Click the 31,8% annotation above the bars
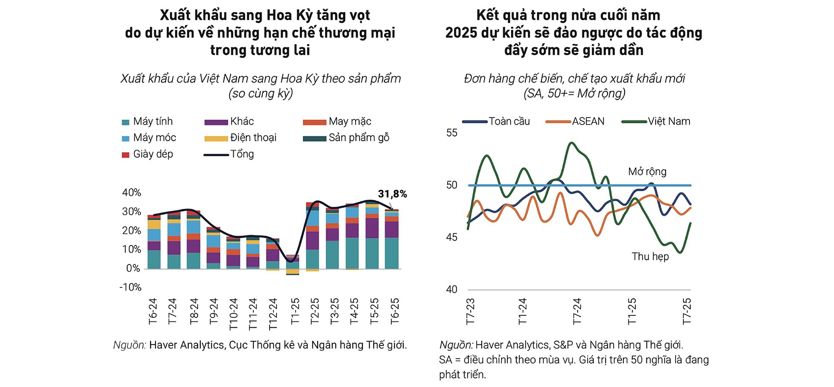point(392,194)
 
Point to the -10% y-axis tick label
point(130,287)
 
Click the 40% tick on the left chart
point(132,192)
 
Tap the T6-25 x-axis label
point(394,311)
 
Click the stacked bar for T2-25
point(312,236)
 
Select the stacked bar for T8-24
point(193,240)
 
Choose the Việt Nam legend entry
point(668,121)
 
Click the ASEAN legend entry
point(588,121)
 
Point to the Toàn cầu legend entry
point(509,121)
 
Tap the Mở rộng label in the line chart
point(647,171)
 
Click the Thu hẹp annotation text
point(650,256)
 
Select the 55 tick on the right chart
point(452,133)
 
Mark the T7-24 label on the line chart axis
point(577,311)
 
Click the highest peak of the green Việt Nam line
point(572,143)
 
